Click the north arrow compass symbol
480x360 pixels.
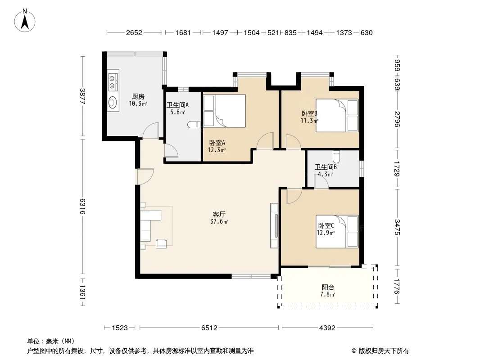(x=25, y=21)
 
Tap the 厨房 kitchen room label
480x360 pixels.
(x=138, y=97)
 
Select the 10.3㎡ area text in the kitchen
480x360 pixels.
(x=138, y=103)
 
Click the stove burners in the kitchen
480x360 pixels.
(x=113, y=81)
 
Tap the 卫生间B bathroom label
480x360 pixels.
(x=326, y=167)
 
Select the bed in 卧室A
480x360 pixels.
(x=224, y=111)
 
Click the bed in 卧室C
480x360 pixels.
(x=337, y=232)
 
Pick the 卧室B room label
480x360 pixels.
(x=309, y=113)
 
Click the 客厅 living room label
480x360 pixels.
(x=219, y=214)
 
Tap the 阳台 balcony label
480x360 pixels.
(x=328, y=287)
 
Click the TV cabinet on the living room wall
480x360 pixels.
(x=274, y=226)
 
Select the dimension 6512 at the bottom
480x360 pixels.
(x=209, y=328)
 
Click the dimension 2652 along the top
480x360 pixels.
(x=134, y=32)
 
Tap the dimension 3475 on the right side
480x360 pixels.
(x=397, y=227)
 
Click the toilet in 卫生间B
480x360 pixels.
(x=336, y=156)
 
